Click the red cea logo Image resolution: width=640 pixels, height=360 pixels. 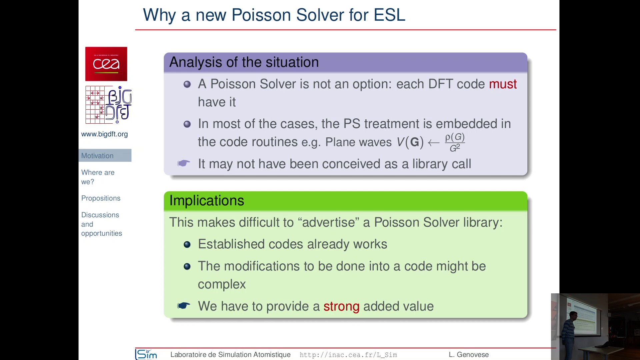106,64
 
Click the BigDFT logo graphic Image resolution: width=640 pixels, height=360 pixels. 109,105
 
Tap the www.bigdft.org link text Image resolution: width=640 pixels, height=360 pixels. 104,134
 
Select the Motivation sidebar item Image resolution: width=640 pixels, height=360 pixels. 97,156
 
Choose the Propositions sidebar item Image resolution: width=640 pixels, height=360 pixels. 101,198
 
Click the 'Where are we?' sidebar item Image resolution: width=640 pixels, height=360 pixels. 97,177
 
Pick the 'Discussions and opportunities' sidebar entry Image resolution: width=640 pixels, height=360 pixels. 101,224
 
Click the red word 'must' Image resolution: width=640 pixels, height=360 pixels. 503,84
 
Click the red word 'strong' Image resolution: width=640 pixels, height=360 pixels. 341,306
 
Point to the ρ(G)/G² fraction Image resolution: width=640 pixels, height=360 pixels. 455,142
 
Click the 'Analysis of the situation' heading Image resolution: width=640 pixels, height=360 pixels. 244,62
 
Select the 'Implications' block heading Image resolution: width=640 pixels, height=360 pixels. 207,200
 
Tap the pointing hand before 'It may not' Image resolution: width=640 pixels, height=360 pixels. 184,163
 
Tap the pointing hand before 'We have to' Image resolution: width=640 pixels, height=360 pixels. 184,306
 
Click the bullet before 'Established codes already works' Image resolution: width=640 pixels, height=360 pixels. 187,245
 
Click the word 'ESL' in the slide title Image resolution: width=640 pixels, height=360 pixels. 389,15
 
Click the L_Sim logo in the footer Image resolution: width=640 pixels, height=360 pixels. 146,354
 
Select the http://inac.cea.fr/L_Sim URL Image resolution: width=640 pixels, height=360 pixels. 348,355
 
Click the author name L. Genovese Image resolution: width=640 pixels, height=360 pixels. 468,355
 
